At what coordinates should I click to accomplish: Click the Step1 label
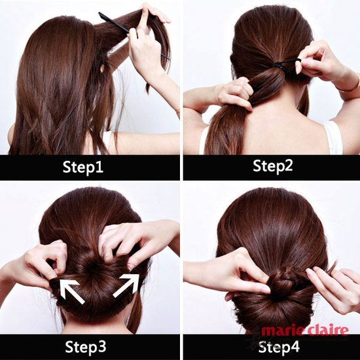(x=83, y=167)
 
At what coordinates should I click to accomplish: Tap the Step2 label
(x=273, y=166)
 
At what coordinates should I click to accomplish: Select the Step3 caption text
(x=86, y=347)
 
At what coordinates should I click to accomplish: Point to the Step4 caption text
(x=279, y=347)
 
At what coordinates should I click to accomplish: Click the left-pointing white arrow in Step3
(x=71, y=291)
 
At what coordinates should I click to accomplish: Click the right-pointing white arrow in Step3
(x=126, y=285)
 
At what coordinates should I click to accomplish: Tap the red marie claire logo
(x=304, y=331)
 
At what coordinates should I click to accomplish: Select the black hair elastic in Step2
(x=286, y=63)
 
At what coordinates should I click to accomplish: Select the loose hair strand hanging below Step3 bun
(x=135, y=312)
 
